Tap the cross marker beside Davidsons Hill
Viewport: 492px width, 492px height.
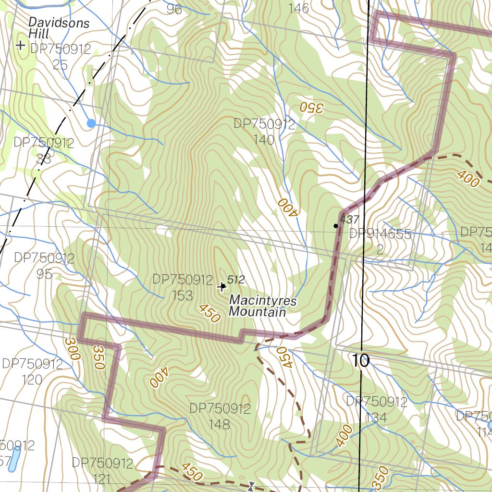coord(20,46)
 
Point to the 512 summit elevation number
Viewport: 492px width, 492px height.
coord(236,280)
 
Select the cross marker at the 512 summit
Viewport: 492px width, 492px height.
coord(221,287)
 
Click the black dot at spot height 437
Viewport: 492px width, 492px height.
coord(336,225)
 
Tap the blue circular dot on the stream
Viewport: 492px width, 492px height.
coord(91,123)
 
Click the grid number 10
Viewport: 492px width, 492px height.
coord(361,360)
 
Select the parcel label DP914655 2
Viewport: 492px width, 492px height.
coord(380,242)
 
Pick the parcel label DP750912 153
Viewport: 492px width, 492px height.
coord(183,287)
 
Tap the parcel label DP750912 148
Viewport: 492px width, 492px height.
coord(220,416)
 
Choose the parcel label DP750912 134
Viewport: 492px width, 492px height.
coord(376,409)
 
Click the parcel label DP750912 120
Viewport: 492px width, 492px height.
coord(32,371)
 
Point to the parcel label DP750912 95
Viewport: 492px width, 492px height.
coord(44,266)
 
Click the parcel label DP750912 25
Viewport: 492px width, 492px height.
coord(60,56)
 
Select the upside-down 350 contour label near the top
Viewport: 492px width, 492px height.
coord(311,107)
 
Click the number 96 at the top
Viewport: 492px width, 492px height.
coord(174,9)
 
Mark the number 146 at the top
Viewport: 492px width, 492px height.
coord(298,8)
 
